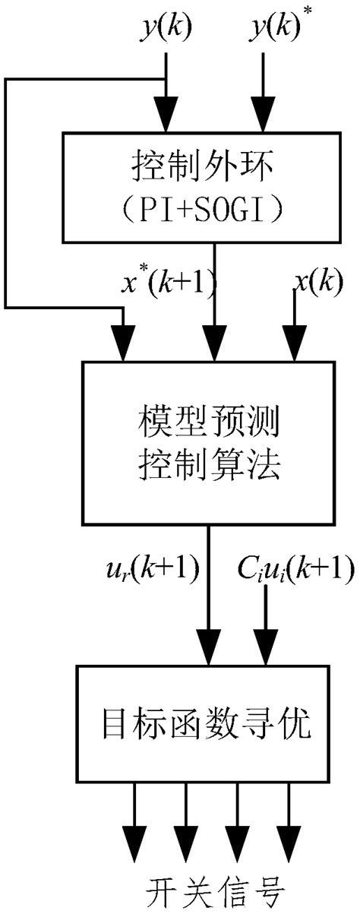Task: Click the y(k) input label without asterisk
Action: pos(167,28)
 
